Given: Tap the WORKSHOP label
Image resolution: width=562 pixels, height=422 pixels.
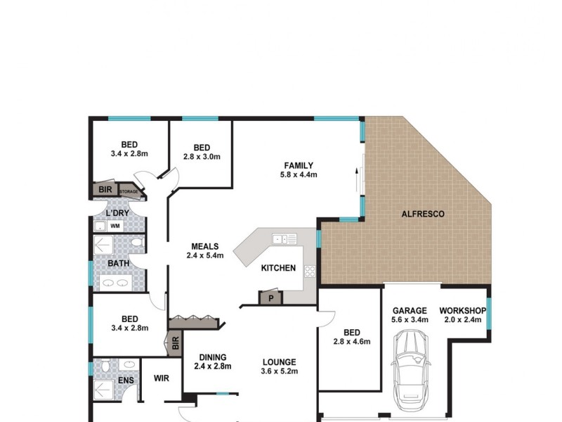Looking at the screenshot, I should tap(463, 310).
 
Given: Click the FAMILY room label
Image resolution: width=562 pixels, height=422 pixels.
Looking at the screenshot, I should tap(298, 165).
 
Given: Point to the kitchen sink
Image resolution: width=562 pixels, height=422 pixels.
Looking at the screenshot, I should tap(283, 239).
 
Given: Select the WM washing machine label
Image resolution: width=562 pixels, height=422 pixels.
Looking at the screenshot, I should tap(115, 226).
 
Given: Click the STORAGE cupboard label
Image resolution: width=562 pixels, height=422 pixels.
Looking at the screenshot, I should tap(129, 191).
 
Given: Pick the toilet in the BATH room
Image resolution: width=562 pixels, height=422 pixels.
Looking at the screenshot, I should tap(137, 243).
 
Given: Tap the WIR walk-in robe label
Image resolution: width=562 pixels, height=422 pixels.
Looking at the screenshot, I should tap(161, 378).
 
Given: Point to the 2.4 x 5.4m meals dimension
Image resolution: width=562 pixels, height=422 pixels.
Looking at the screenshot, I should tap(204, 256).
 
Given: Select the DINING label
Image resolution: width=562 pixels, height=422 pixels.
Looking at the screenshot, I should tap(211, 357).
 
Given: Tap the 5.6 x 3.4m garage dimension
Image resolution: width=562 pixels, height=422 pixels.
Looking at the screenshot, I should tap(410, 320).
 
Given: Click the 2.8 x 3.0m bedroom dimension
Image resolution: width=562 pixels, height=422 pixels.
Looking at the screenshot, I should tap(202, 157).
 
